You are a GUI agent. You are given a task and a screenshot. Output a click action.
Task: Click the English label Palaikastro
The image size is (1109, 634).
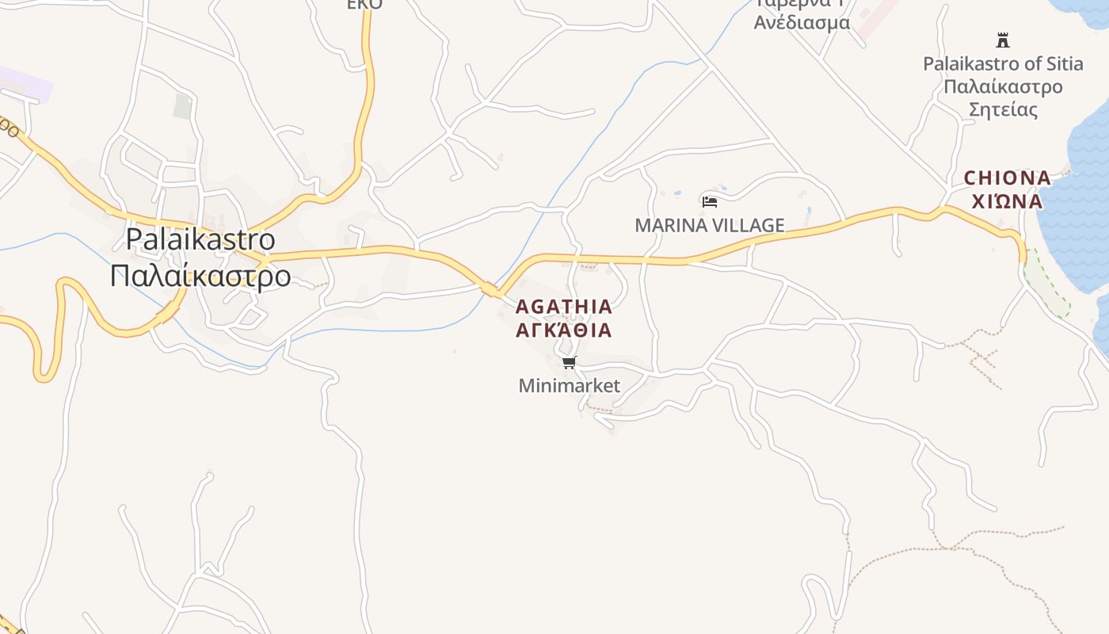click(x=200, y=239)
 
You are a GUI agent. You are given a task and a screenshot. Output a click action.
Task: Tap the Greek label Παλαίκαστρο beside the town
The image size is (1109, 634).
click(x=200, y=276)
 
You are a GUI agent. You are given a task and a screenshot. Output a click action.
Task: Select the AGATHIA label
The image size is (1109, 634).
click(x=564, y=307)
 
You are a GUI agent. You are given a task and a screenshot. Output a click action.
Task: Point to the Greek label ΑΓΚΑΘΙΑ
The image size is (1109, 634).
click(x=564, y=330)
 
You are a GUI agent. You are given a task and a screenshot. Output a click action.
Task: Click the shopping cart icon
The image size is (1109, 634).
click(x=569, y=363)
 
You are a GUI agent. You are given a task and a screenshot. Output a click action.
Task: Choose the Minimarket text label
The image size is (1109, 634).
click(x=569, y=386)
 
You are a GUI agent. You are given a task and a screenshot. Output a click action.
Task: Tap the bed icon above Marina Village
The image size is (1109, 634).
click(x=709, y=202)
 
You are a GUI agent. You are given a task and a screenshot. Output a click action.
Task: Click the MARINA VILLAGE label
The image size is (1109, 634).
click(x=709, y=226)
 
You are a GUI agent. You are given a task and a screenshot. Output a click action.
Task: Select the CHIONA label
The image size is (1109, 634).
click(x=1007, y=178)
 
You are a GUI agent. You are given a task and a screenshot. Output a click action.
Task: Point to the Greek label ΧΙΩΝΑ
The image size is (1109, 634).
click(x=1007, y=201)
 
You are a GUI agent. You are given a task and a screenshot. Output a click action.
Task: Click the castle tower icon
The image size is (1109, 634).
click(x=1003, y=40)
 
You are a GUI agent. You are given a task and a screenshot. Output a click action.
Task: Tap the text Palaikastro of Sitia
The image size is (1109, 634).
click(x=1003, y=63)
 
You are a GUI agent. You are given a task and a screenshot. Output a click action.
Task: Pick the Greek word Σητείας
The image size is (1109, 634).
click(x=1003, y=109)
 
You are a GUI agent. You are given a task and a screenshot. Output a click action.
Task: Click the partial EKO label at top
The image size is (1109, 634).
click(x=364, y=5)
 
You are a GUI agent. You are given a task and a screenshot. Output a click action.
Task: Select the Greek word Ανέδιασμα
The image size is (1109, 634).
click(x=802, y=22)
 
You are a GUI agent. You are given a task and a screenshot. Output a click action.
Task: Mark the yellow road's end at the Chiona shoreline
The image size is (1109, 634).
click(x=1022, y=255)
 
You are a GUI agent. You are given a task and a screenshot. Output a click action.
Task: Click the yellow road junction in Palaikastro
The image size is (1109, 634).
click(x=265, y=258)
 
